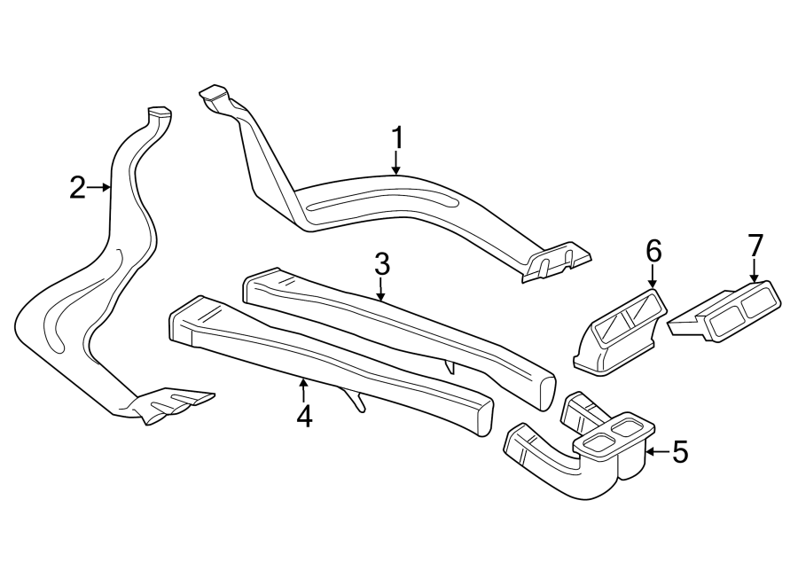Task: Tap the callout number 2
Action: click(x=79, y=187)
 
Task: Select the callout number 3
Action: click(x=381, y=263)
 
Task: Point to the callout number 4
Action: click(x=304, y=416)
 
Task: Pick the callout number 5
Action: click(x=680, y=452)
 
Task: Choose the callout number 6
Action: click(x=653, y=251)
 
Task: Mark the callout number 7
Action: click(x=755, y=244)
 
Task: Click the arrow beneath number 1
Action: click(x=396, y=163)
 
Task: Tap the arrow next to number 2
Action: click(x=101, y=187)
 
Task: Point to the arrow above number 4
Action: click(x=304, y=388)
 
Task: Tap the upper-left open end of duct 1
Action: click(x=214, y=92)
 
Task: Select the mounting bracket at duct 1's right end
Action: click(x=557, y=262)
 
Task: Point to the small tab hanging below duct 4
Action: click(x=356, y=402)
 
